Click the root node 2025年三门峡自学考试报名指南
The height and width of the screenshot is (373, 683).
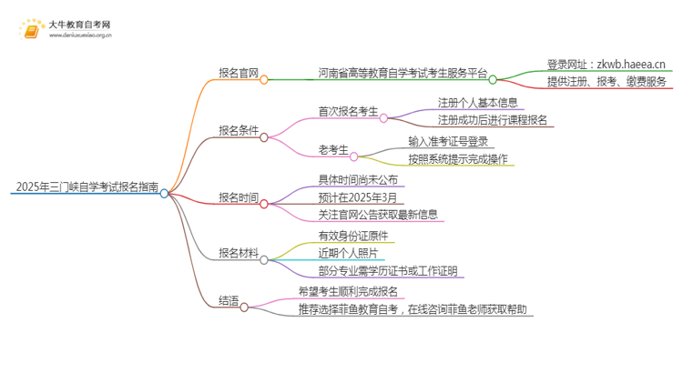[86, 187]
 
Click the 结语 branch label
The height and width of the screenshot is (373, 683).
[229, 300]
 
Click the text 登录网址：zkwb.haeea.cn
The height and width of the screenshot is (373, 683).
[607, 64]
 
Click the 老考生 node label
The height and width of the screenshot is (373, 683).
[333, 150]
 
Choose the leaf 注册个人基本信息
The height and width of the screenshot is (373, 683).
[477, 102]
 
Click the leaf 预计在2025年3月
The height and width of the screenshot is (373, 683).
[358, 197]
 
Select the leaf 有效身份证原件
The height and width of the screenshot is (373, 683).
[356, 236]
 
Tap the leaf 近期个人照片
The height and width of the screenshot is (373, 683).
[350, 253]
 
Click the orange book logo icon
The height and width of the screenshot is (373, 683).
[31, 31]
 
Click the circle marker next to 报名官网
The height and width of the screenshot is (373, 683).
[264, 79]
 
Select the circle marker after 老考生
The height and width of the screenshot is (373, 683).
[354, 156]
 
